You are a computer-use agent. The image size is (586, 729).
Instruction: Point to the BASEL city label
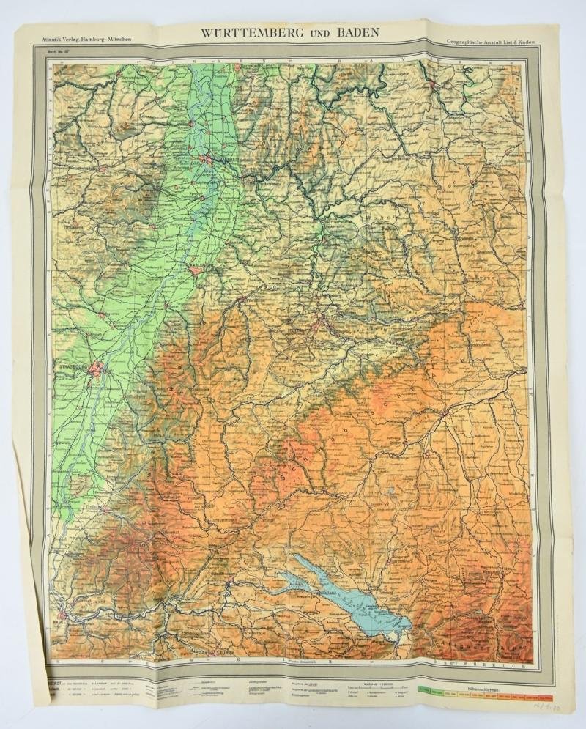click(59, 623)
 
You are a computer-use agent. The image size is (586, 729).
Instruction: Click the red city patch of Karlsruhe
click(195, 271)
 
